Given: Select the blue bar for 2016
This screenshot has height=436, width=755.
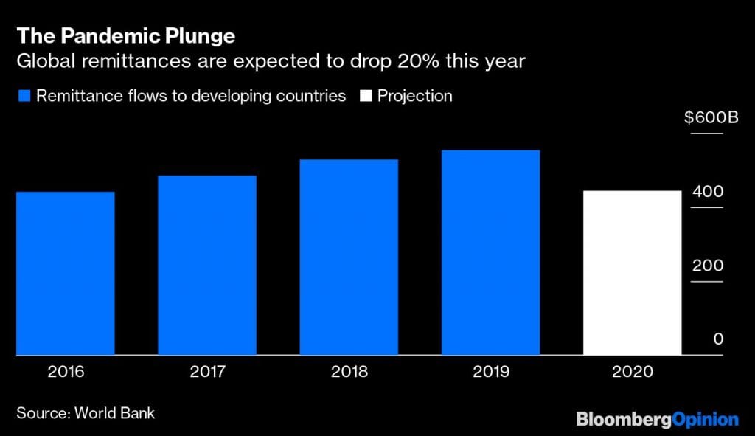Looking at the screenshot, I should tap(65, 274).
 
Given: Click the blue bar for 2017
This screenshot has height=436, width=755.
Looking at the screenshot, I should tap(207, 266).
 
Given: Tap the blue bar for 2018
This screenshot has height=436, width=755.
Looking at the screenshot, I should tap(349, 257).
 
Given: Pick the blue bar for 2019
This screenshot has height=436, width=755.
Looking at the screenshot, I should tap(490, 253).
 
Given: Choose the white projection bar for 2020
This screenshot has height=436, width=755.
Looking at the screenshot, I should tap(632, 274).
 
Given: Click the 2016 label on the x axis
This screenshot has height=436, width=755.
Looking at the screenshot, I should tap(65, 372).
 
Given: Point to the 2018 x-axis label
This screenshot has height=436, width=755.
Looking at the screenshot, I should tap(349, 372).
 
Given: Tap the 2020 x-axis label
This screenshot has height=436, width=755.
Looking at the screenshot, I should tap(632, 372).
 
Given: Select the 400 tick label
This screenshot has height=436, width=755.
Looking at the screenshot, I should tap(707, 192).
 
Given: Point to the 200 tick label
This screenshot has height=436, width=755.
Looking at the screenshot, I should tap(707, 266).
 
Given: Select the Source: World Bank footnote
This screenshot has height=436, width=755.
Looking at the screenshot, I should tap(86, 413).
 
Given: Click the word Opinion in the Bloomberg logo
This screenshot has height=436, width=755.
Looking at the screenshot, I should tap(706, 420).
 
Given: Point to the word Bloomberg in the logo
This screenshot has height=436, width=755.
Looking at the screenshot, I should tap(624, 420).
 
